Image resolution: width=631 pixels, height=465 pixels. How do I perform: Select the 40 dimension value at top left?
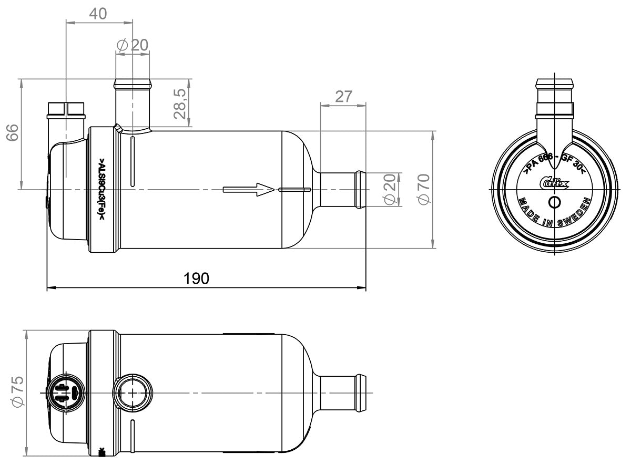[98, 14]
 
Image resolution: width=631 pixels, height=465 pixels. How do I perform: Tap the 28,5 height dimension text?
[180, 104]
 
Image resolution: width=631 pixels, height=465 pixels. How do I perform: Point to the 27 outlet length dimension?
[343, 97]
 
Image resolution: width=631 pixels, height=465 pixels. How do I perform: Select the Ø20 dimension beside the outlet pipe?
[390, 189]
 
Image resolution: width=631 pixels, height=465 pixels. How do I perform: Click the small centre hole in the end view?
[554, 203]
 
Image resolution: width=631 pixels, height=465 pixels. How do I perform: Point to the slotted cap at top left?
[66, 109]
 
